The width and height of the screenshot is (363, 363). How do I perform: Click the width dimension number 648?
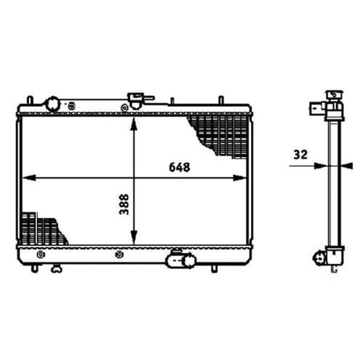180,167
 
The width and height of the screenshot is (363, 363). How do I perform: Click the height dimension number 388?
124,204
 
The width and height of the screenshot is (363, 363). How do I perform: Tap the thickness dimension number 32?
301,155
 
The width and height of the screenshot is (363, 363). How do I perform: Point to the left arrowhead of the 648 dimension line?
30,178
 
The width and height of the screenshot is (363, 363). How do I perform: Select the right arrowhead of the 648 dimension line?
240,178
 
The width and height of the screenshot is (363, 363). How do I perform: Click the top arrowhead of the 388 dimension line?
134,123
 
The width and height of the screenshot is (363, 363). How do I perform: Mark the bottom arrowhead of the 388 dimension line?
134,238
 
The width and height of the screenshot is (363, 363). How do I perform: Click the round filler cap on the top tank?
53,105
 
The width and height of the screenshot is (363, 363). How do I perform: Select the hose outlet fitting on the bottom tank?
181,260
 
